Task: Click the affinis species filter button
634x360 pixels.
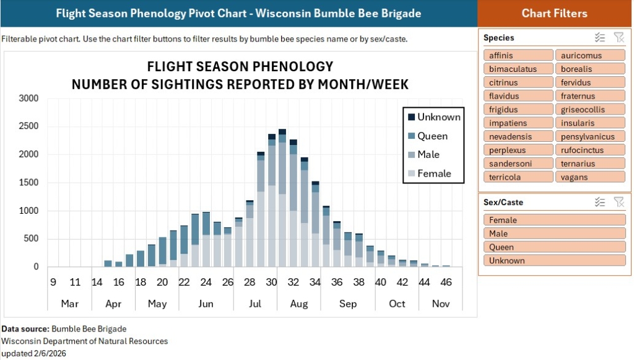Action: click(518, 55)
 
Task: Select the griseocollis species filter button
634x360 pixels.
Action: click(589, 110)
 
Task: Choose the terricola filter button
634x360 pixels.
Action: click(518, 177)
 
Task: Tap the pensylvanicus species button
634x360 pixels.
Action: click(589, 136)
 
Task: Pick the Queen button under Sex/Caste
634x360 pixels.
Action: click(554, 247)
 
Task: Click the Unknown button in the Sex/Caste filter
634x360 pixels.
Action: click(554, 260)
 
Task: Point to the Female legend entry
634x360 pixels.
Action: click(433, 173)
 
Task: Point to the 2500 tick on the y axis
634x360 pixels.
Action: click(28, 126)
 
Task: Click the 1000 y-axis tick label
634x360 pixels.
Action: click(28, 211)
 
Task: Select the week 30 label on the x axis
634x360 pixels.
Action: click(271, 283)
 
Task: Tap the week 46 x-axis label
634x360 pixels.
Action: click(446, 283)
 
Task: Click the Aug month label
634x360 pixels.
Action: click(299, 304)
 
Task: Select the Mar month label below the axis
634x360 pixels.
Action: click(69, 304)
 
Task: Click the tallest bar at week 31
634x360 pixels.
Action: click(282, 198)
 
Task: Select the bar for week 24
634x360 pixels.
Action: click(206, 239)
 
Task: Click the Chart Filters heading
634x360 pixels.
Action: click(554, 13)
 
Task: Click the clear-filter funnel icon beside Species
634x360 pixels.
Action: click(619, 38)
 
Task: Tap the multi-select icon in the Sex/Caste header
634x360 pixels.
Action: click(599, 202)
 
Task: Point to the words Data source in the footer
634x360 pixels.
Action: click(25, 329)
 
